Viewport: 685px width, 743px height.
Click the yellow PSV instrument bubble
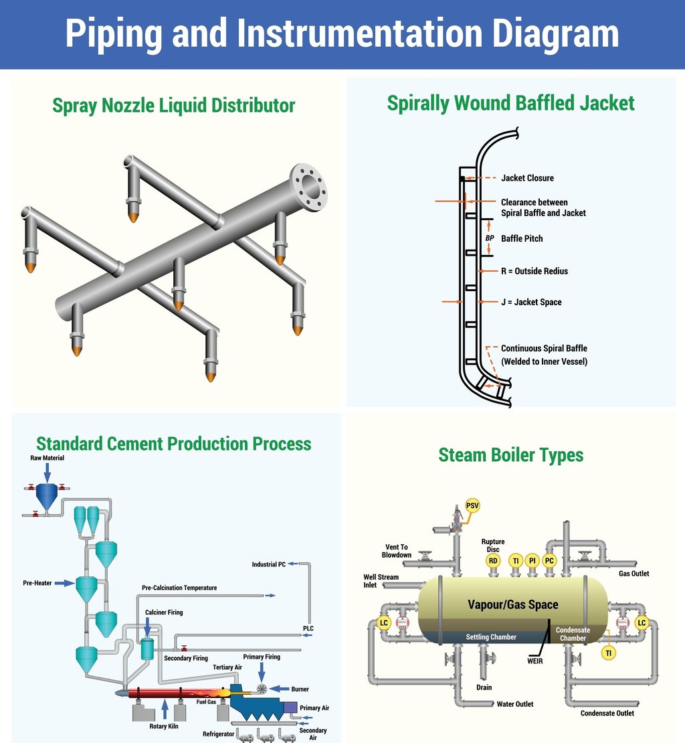click(472, 505)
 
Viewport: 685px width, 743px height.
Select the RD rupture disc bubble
click(493, 560)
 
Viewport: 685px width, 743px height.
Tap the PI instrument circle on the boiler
click(532, 560)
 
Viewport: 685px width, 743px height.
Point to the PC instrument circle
click(550, 560)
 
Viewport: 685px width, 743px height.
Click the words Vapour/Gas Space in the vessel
click(512, 604)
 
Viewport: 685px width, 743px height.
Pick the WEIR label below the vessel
click(534, 661)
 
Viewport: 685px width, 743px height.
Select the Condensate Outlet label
click(607, 713)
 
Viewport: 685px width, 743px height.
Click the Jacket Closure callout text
click(527, 178)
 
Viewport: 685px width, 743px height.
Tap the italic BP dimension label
click(490, 238)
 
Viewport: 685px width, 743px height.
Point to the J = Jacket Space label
click(531, 303)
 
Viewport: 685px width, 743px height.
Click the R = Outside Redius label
click(534, 271)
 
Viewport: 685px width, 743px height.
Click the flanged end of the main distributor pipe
click(308, 187)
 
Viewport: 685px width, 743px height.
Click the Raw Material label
click(46, 459)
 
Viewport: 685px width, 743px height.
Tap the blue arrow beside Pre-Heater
click(64, 584)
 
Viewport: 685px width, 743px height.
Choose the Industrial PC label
click(268, 564)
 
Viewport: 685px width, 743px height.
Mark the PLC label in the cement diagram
click(308, 629)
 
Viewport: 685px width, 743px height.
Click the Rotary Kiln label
click(164, 726)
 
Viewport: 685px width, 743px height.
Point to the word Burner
click(300, 689)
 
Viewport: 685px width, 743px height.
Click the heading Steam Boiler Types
click(511, 455)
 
